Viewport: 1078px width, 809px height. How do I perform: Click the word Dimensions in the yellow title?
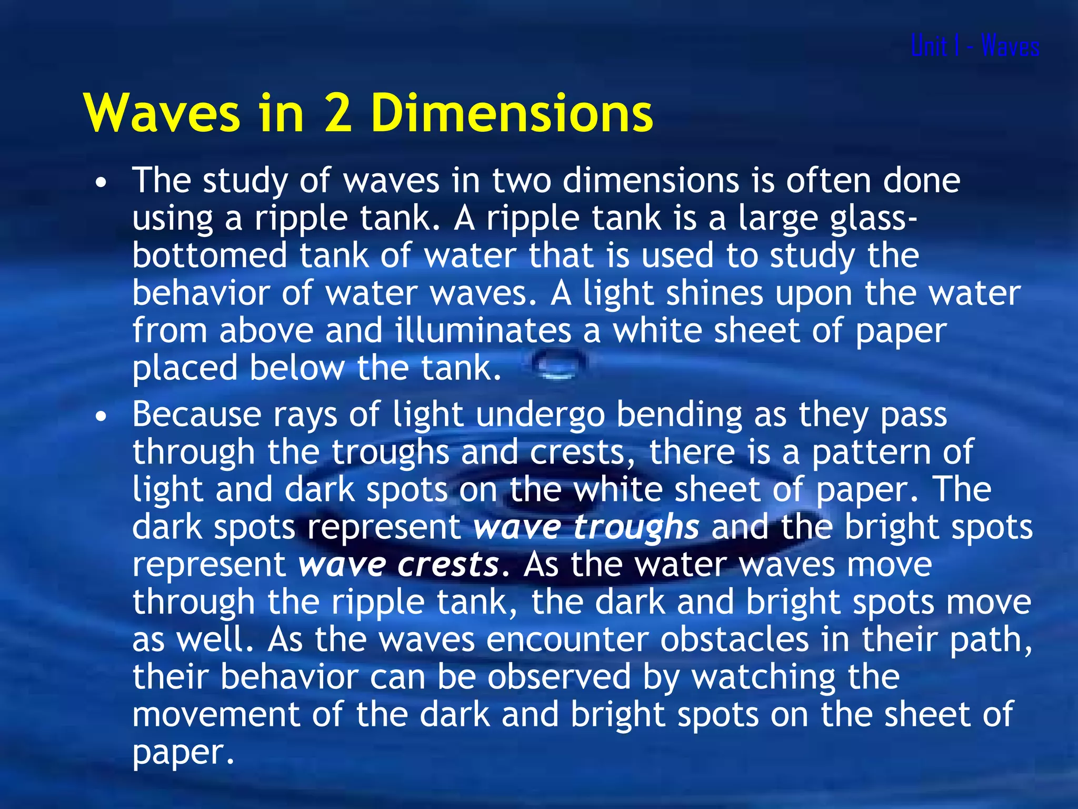(x=512, y=113)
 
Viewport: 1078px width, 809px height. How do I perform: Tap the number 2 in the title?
(x=338, y=113)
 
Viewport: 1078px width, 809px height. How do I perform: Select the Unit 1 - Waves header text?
(x=975, y=46)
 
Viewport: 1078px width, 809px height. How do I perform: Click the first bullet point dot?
(x=101, y=183)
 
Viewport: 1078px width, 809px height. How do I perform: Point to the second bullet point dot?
(x=101, y=417)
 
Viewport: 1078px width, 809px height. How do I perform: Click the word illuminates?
(x=483, y=331)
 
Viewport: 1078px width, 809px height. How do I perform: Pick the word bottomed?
(x=209, y=255)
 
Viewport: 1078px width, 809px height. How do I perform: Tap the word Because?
(x=196, y=415)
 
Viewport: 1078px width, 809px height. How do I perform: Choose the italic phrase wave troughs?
(x=586, y=527)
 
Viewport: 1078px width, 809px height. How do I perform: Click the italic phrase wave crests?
(x=398, y=565)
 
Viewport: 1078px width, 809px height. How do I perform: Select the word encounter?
(x=567, y=640)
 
